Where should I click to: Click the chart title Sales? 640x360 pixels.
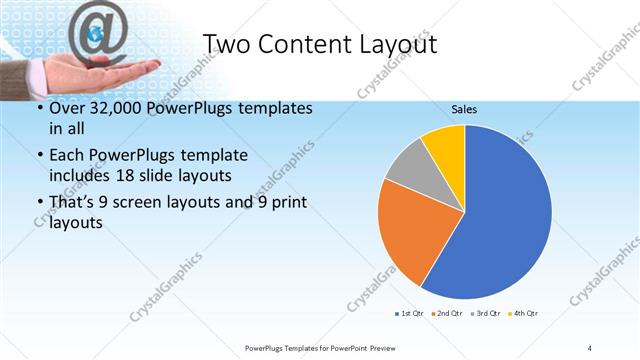tap(464, 108)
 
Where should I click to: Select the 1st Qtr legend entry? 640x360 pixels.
tap(409, 314)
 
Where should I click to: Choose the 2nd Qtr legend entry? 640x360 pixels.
tap(447, 314)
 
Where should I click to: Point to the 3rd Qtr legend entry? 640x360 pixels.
tap(486, 314)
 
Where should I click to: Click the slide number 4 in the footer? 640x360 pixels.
tap(589, 347)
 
